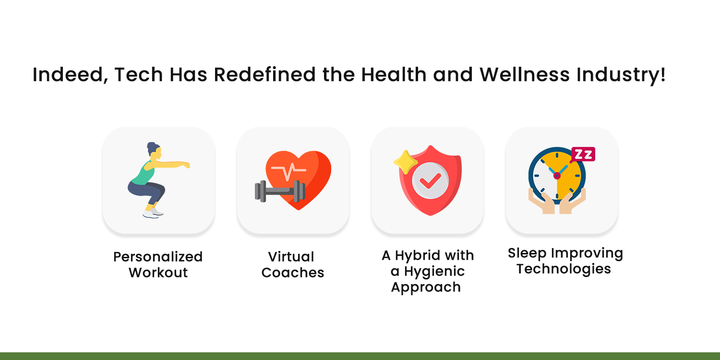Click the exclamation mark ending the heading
(x=663, y=75)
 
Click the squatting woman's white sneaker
(x=152, y=214)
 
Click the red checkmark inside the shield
(x=430, y=180)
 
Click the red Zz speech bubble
(x=583, y=154)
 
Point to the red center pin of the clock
(x=557, y=176)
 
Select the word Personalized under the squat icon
(x=158, y=257)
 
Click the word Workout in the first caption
(x=158, y=273)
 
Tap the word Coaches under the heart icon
(x=293, y=273)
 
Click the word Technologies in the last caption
(x=564, y=268)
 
